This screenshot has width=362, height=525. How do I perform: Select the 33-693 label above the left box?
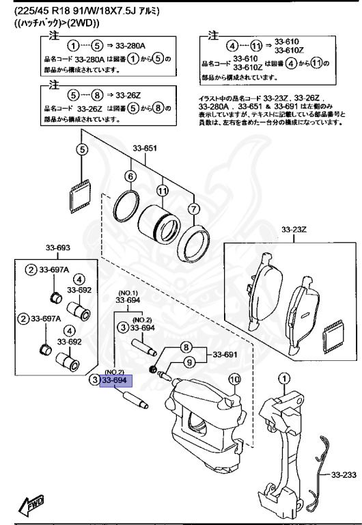(58, 247)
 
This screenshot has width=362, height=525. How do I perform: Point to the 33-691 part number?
(225, 355)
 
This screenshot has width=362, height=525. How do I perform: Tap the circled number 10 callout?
(234, 379)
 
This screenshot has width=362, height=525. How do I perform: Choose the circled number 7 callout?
(193, 208)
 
